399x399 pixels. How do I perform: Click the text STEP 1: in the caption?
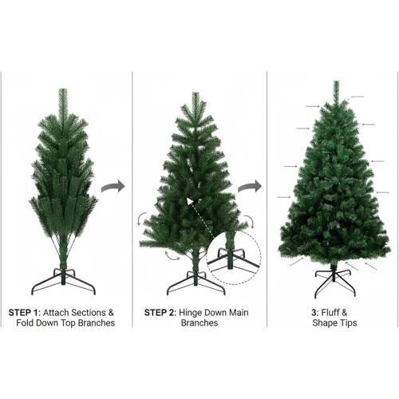click(x=26, y=311)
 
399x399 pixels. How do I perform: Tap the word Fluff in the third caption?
click(x=337, y=311)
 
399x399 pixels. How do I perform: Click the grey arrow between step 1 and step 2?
click(x=115, y=187)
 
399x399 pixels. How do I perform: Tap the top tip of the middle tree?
click(x=195, y=94)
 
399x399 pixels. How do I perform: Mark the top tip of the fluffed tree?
click(x=335, y=83)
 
